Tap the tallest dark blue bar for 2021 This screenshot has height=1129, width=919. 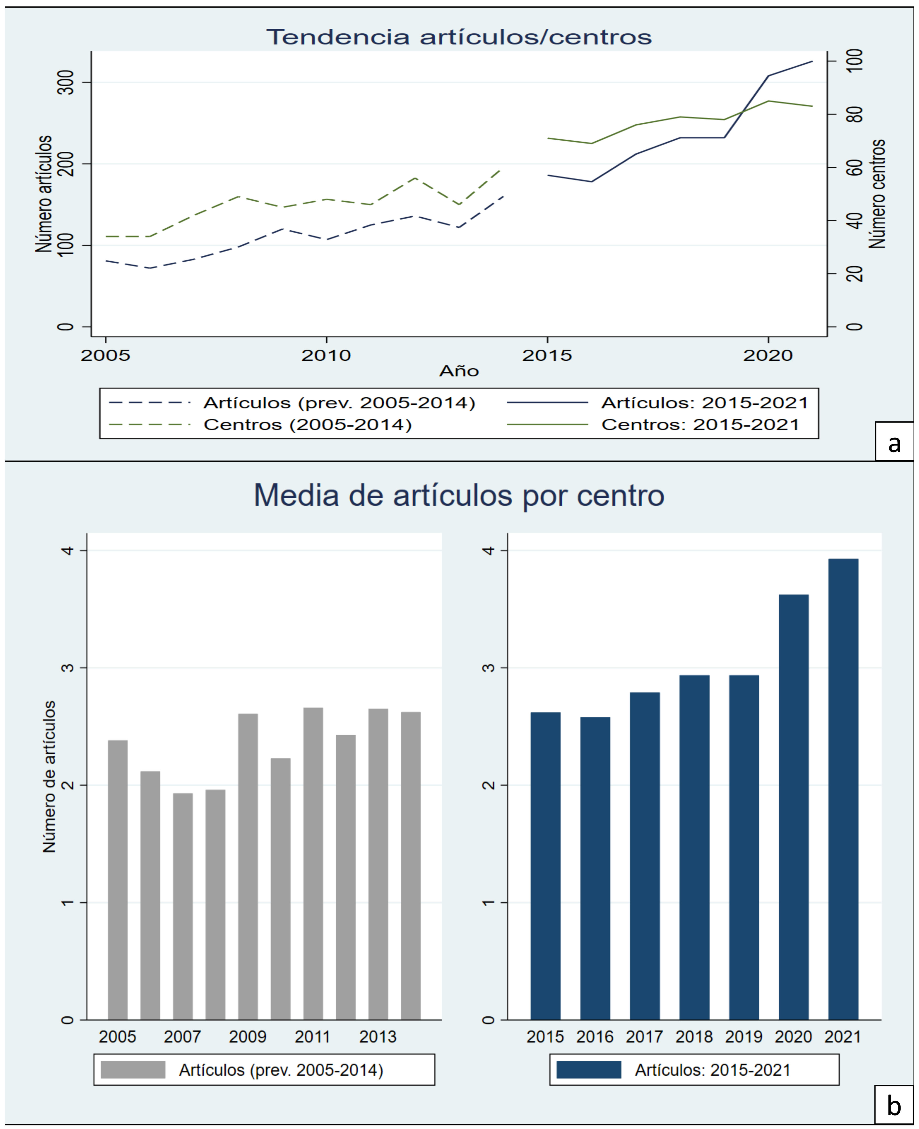(843, 788)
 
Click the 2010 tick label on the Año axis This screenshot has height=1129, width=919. (326, 355)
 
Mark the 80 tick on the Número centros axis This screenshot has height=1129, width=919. (854, 114)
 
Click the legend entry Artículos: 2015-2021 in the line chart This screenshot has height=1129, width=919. (704, 403)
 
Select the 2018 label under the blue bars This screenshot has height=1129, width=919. (694, 1036)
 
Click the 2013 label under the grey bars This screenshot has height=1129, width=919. (377, 1036)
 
